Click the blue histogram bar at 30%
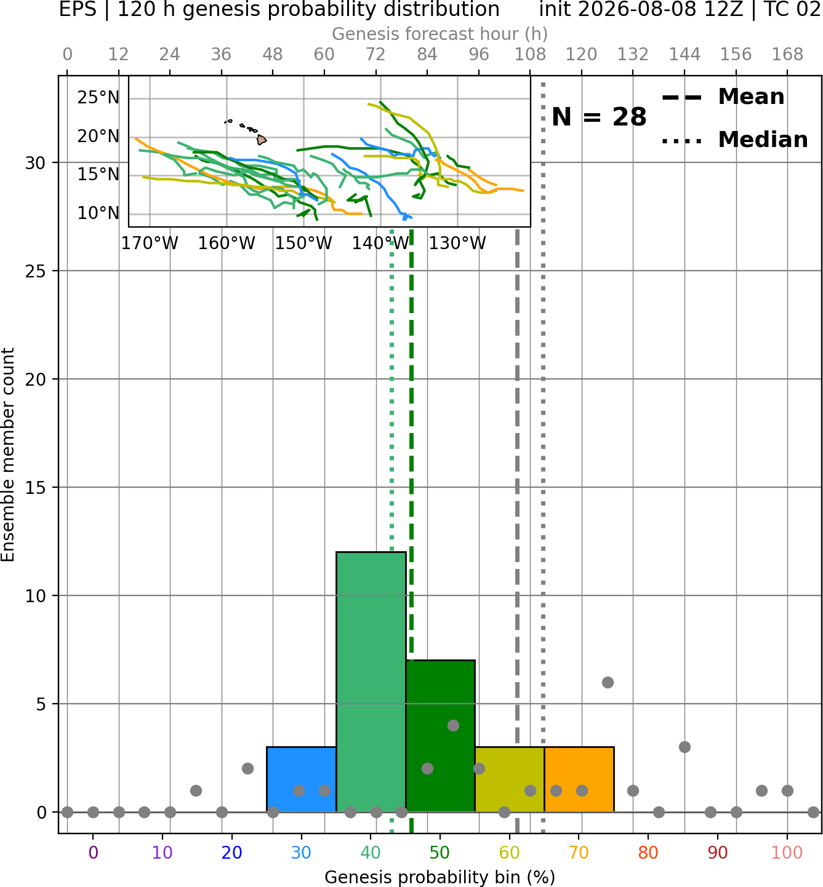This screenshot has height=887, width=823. pos(301,779)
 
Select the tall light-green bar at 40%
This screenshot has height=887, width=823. pos(371,682)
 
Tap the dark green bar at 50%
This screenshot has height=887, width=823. pos(440,736)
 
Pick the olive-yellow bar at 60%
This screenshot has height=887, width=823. pos(510,779)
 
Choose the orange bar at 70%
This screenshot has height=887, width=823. pos(579,779)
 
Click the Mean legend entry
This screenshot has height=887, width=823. pos(723,97)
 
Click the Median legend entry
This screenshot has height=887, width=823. pos(734,140)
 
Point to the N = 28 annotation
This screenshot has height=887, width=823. pos(599,117)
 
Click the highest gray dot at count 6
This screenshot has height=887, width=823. pos(608,682)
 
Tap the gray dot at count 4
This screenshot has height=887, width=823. pos(453,725)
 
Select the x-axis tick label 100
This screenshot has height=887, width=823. pos(787,853)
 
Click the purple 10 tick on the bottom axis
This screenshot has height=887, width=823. pos(163,853)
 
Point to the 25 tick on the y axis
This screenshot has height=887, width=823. pos(36,271)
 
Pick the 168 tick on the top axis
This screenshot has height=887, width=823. pos(787,55)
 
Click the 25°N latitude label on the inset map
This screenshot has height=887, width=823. pos(98,97)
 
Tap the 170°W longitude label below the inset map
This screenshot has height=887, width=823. pos(150,244)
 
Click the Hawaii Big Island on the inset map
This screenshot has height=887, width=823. pos(262,140)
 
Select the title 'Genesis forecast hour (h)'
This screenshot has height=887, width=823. pos(440,34)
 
